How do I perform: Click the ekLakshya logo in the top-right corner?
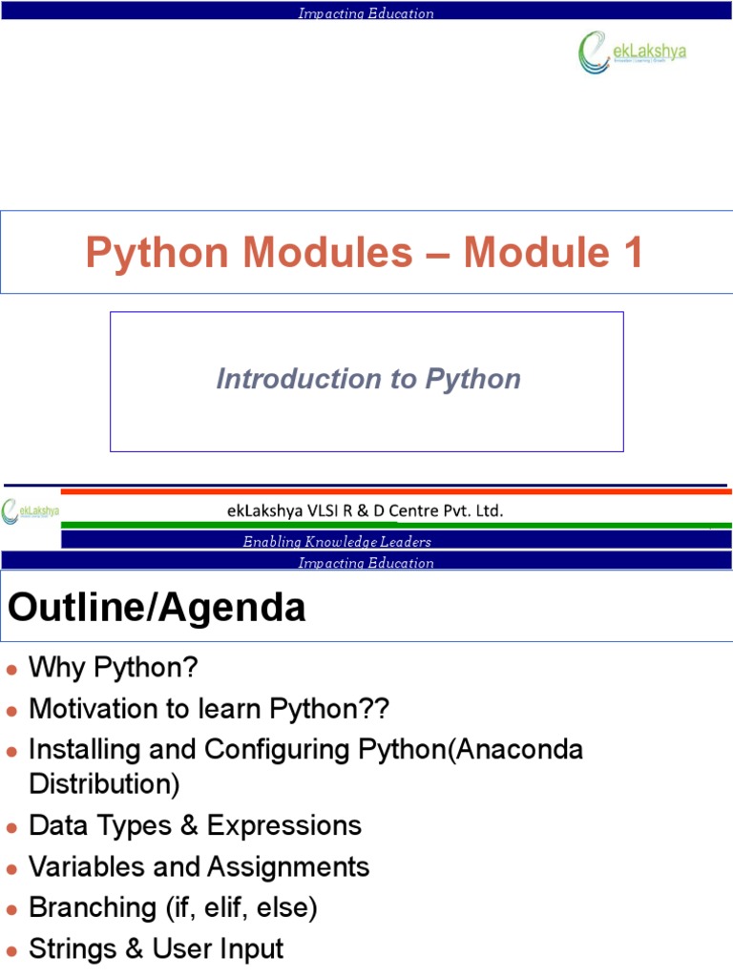point(631,52)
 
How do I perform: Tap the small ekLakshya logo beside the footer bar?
point(31,511)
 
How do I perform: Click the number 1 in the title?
point(630,253)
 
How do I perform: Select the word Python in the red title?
point(157,253)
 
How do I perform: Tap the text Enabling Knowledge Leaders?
point(337,542)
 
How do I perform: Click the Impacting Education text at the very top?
point(366,13)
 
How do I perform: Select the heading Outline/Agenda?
point(157,608)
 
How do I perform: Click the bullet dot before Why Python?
point(11,670)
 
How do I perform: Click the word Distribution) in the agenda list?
point(104,784)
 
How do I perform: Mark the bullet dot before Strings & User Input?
point(11,950)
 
